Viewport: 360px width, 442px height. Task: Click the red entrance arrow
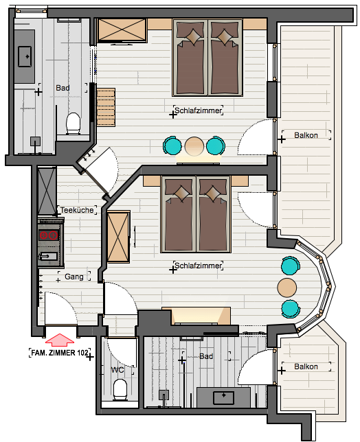60,340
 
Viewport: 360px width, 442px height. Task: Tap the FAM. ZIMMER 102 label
60,353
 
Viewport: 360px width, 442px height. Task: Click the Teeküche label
77,210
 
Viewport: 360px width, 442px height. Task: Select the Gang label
74,277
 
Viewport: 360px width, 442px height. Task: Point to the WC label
117,370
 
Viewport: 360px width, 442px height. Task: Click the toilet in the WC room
120,390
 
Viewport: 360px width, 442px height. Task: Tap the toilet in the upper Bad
74,124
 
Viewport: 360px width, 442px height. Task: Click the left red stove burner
43,235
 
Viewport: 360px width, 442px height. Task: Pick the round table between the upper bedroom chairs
194,146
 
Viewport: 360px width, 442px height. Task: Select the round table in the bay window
287,288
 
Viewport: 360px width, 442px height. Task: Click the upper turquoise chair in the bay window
291,266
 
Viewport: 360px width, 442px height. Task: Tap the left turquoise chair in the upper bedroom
172,146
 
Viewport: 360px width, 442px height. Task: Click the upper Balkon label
306,135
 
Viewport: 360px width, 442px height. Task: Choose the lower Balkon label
306,367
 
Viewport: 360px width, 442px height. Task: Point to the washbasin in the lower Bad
224,397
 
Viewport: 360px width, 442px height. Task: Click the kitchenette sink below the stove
49,257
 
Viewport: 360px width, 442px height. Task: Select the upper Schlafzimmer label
198,110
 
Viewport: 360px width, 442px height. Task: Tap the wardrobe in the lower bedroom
118,237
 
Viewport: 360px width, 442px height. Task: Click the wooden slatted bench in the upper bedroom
106,107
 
